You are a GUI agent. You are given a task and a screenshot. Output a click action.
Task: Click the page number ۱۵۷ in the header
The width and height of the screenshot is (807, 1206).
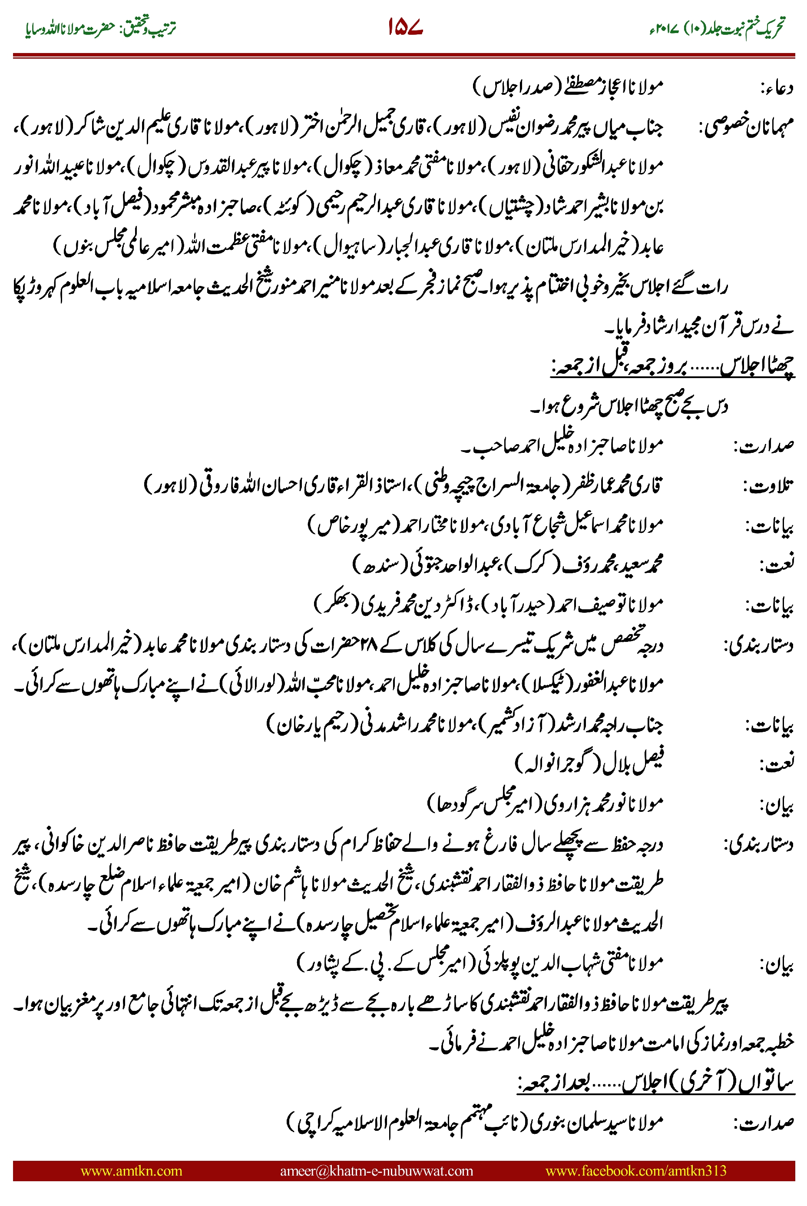(405, 27)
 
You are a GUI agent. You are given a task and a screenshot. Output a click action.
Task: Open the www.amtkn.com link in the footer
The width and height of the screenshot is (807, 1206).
(131, 1170)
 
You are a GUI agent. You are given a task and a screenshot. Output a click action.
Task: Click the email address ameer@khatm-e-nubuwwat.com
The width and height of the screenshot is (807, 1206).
(376, 1170)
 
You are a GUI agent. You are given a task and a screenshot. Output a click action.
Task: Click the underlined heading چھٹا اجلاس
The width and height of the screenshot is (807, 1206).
(757, 365)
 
